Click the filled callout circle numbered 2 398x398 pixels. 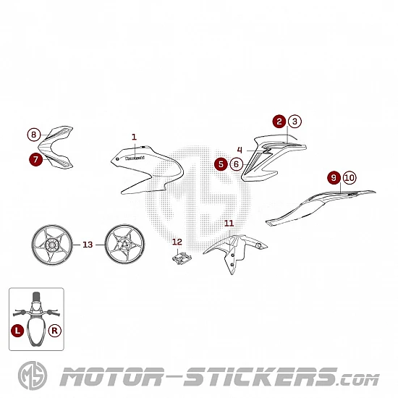pyautogui.click(x=279, y=122)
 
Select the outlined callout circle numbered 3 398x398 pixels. pyautogui.click(x=295, y=122)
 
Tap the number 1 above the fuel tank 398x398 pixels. pyautogui.click(x=134, y=137)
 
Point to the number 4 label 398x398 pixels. pyautogui.click(x=240, y=150)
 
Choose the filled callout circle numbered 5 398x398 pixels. pyautogui.click(x=221, y=164)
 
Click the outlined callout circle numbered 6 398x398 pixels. pyautogui.click(x=237, y=164)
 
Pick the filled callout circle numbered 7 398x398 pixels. pyautogui.click(x=35, y=159)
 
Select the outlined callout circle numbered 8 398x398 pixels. pyautogui.click(x=34, y=135)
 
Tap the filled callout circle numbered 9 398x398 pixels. pyautogui.click(x=334, y=178)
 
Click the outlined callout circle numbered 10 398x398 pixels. pyautogui.click(x=350, y=178)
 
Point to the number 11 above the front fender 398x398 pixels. pyautogui.click(x=229, y=224)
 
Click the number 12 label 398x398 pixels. pyautogui.click(x=177, y=242)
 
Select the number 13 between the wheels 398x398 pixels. pyautogui.click(x=88, y=245)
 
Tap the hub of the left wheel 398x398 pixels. pyautogui.click(x=52, y=245)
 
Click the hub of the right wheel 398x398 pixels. pyautogui.click(x=125, y=245)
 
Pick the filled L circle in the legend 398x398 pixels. pyautogui.click(x=17, y=331)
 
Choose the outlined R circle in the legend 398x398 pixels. pyautogui.click(x=54, y=331)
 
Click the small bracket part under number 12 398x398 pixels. pyautogui.click(x=182, y=258)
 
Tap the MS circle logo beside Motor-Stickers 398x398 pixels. pyautogui.click(x=33, y=376)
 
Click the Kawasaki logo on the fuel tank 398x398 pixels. pyautogui.click(x=135, y=158)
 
